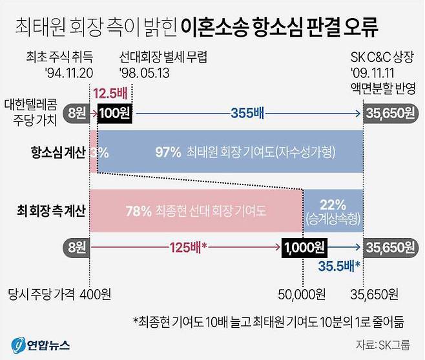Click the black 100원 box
pyautogui.click(x=115, y=114)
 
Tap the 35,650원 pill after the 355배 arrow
pyautogui.click(x=389, y=114)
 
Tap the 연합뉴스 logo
pyautogui.click(x=40, y=344)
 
